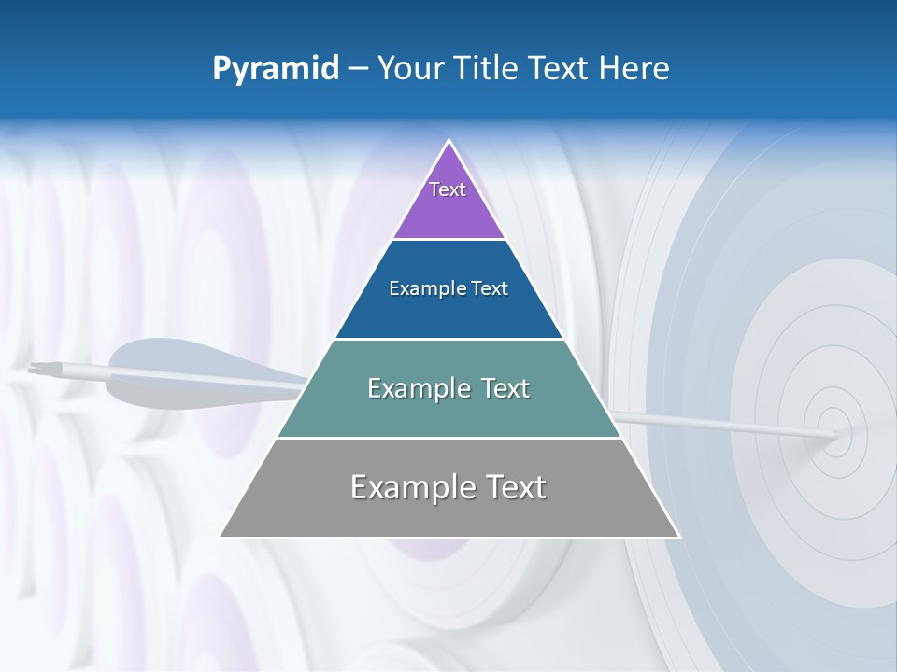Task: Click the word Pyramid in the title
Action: click(275, 69)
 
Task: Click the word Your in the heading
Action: click(409, 69)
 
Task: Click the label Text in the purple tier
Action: click(448, 189)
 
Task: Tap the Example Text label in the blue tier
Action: click(448, 288)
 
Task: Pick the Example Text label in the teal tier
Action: click(448, 388)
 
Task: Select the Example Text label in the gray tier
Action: click(448, 487)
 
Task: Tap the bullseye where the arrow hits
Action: click(834, 434)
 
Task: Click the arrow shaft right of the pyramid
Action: click(719, 422)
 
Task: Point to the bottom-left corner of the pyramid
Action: click(222, 536)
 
